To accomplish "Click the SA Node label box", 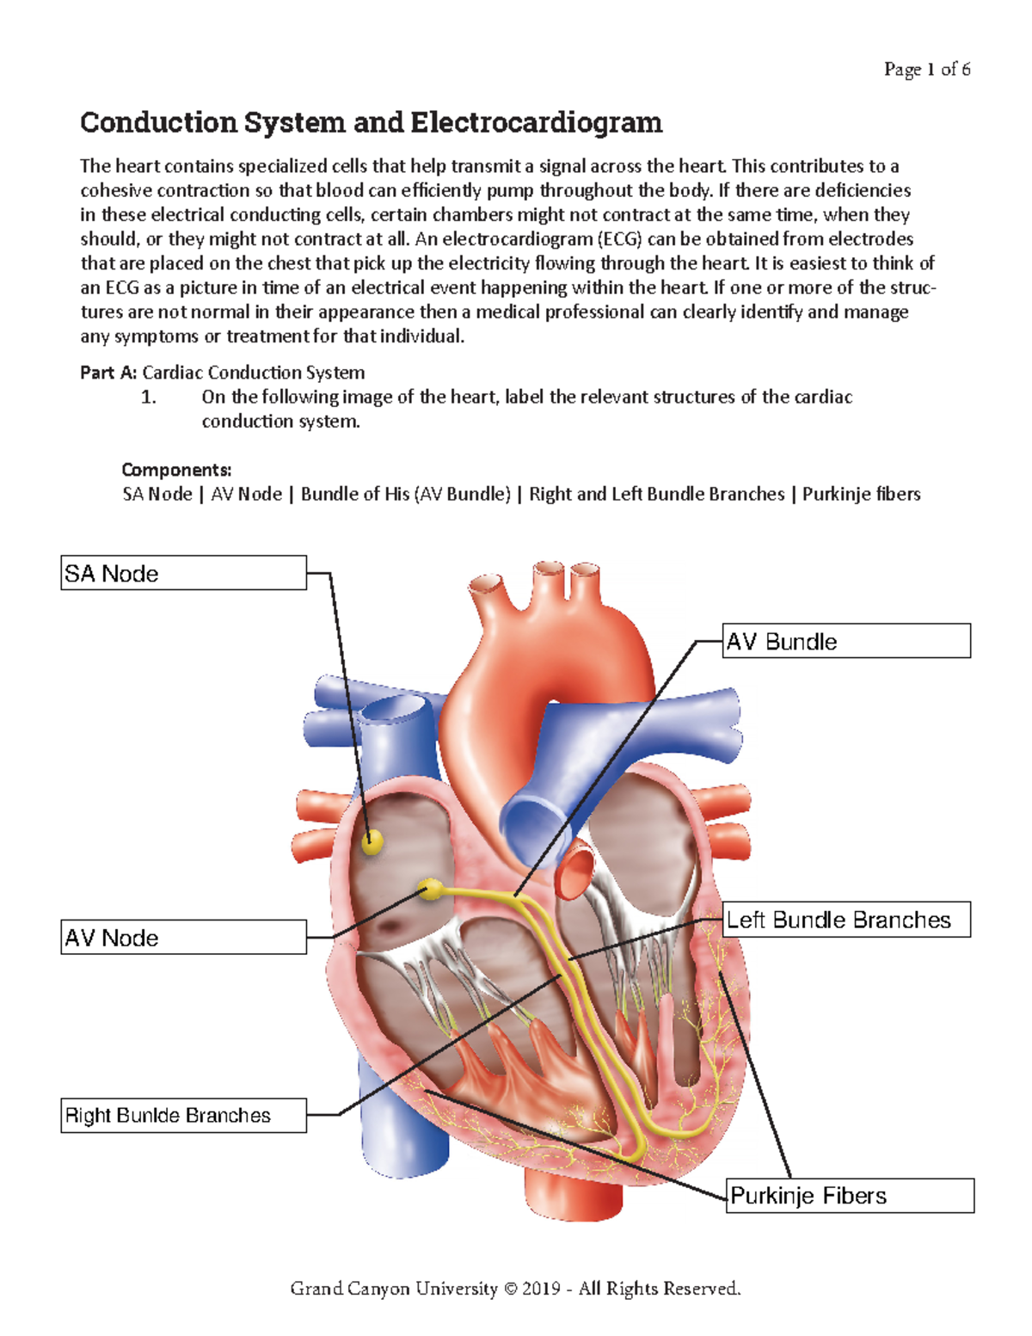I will (183, 573).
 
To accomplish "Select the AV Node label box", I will (183, 937).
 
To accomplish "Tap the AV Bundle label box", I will (846, 641).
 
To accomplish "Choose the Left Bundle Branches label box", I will (846, 920).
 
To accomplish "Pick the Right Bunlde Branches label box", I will (183, 1115).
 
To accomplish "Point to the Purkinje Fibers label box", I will (850, 1196).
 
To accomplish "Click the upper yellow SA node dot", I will (372, 841).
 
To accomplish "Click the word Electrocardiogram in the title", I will (536, 123).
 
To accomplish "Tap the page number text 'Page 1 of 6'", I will (927, 70).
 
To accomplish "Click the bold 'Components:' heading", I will (176, 470).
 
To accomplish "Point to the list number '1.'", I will (149, 397).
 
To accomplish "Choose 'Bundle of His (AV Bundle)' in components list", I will (405, 494).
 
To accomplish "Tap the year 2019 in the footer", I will (541, 1289).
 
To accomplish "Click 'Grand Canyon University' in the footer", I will (394, 1289).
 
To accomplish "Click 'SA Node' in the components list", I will (157, 494).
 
